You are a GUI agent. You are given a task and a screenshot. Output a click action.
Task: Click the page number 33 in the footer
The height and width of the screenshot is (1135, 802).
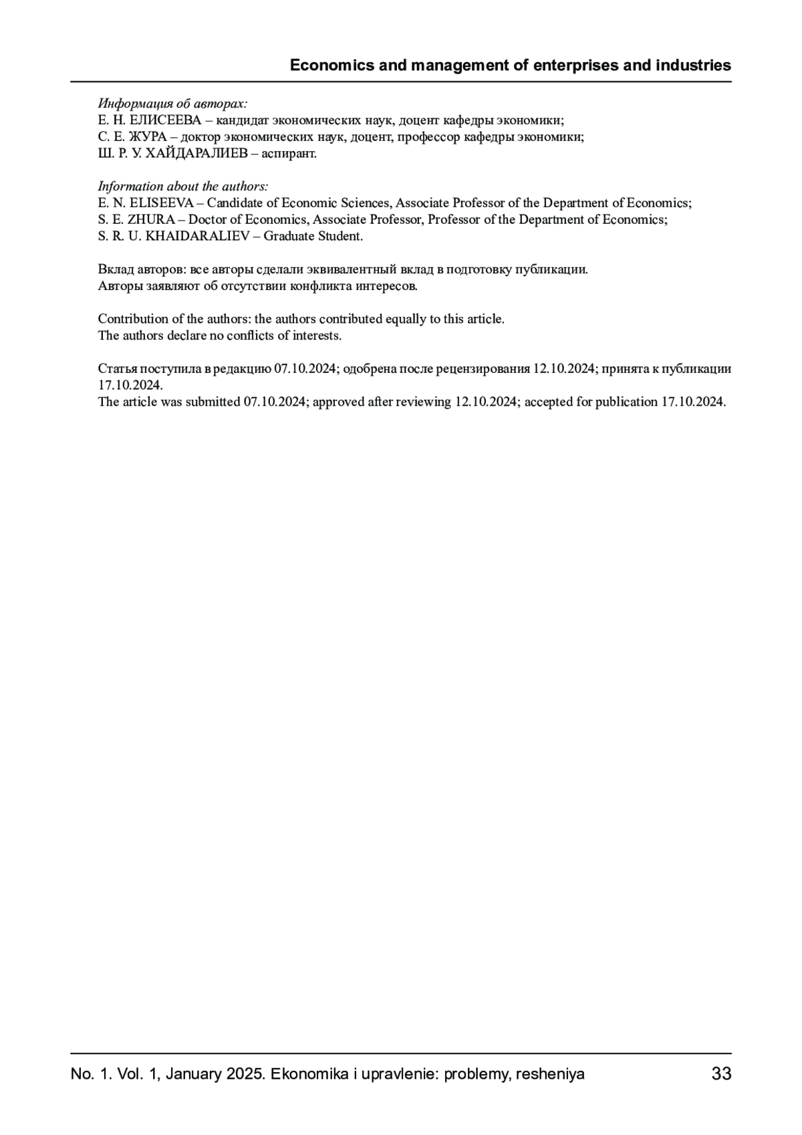coord(721,1074)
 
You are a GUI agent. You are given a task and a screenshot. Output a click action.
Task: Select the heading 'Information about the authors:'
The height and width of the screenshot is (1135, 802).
coord(183,186)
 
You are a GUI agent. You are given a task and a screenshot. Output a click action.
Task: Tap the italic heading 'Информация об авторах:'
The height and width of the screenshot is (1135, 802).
coord(172,104)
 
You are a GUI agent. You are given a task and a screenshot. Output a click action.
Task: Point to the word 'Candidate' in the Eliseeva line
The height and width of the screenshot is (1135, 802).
coord(235,203)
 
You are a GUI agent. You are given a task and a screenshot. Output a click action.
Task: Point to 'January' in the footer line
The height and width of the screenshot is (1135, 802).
coord(192,1074)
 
